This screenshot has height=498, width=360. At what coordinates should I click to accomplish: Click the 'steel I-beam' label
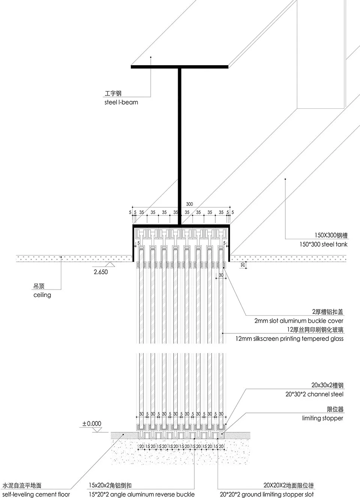coord(121,102)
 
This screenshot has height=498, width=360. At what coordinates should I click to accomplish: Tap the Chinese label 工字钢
coord(113,93)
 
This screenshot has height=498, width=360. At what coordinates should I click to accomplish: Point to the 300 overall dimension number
coord(189,204)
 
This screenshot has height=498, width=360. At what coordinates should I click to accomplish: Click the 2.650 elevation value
coord(100,272)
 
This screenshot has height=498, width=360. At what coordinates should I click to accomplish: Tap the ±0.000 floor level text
coord(92,424)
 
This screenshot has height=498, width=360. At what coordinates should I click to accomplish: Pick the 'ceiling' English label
coord(42,295)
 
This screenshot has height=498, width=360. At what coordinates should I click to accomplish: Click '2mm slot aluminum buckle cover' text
coord(298,321)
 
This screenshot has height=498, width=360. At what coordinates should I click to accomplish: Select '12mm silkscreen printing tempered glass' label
coord(289,339)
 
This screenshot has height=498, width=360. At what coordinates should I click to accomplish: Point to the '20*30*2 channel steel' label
coord(314,394)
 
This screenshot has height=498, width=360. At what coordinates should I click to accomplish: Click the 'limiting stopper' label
coord(322,418)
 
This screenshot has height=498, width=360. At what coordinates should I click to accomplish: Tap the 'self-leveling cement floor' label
coord(36,495)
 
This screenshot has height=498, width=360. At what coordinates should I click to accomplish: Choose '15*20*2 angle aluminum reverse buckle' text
coord(142,495)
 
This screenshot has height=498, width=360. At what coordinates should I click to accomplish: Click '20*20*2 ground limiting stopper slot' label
coord(267,495)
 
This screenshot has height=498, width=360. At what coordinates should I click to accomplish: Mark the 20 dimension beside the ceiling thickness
coord(243,265)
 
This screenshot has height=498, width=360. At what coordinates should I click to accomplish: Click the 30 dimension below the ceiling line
coord(221,275)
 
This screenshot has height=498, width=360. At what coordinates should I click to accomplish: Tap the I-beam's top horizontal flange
coord(180,67)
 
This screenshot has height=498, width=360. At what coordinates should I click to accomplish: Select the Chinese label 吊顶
coord(39,286)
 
